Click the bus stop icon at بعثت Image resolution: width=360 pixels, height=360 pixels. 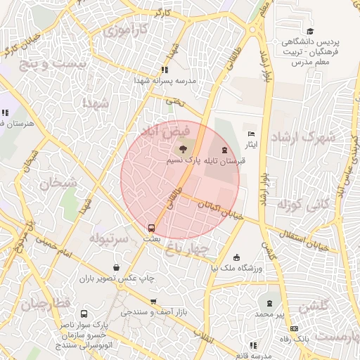point(151,228)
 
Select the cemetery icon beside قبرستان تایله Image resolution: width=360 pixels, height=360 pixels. point(224,150)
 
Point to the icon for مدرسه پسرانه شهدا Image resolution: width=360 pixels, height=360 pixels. point(165,70)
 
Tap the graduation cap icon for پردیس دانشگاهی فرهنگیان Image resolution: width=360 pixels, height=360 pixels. point(310,31)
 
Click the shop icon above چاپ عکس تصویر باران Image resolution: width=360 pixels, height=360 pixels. point(117,268)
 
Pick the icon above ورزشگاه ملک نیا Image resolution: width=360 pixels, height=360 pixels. point(236,257)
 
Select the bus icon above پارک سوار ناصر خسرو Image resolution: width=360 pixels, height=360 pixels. point(84,314)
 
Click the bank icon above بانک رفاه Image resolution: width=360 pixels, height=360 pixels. point(293,328)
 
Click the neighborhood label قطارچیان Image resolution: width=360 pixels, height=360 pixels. point(47,304)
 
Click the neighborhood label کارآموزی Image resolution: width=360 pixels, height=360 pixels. point(126,30)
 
